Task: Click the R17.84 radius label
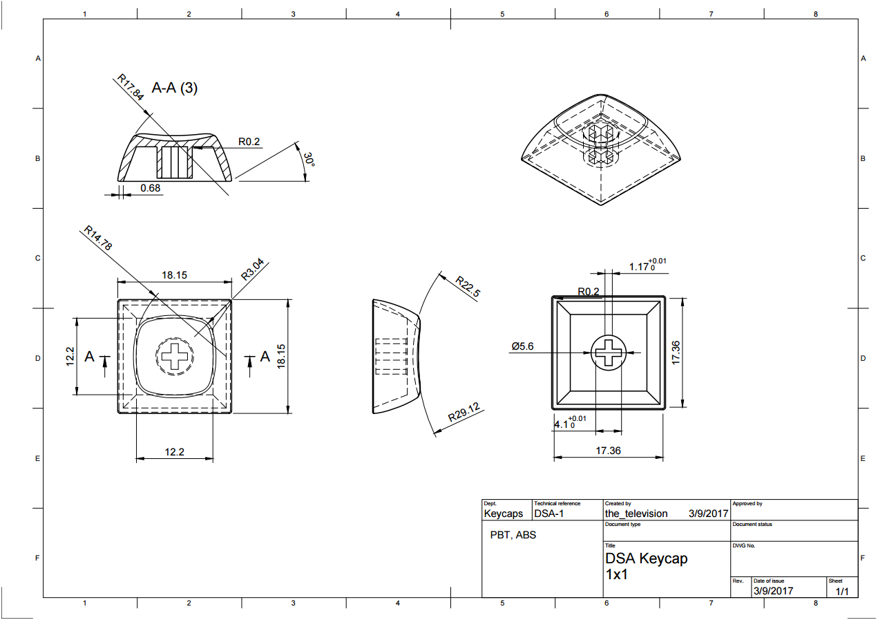pos(130,88)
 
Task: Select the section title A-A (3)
pos(174,88)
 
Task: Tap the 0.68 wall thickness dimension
pos(150,187)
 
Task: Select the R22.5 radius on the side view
pos(467,286)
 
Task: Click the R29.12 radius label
pos(464,413)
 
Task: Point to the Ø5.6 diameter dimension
pos(522,346)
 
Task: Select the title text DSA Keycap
pos(646,558)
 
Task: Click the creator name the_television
pos(636,514)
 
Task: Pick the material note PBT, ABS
pos(513,535)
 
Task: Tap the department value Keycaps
pos(503,514)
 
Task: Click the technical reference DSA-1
pos(549,514)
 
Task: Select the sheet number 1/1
pos(841,591)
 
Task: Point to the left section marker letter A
pos(89,357)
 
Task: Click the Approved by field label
pos(747,504)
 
